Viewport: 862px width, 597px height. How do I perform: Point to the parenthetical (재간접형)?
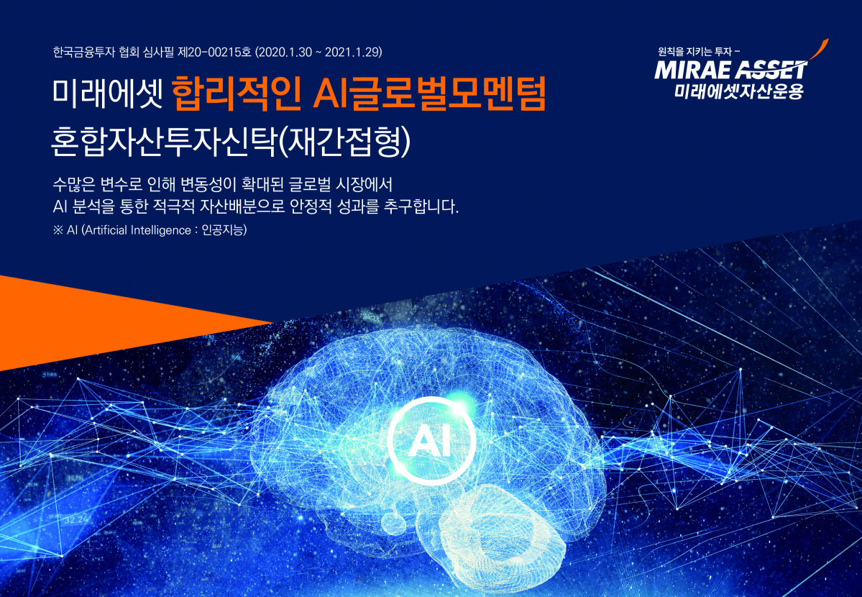coord(344,141)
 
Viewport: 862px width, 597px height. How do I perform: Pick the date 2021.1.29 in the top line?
coord(351,52)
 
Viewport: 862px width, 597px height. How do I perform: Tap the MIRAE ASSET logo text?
coord(730,70)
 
